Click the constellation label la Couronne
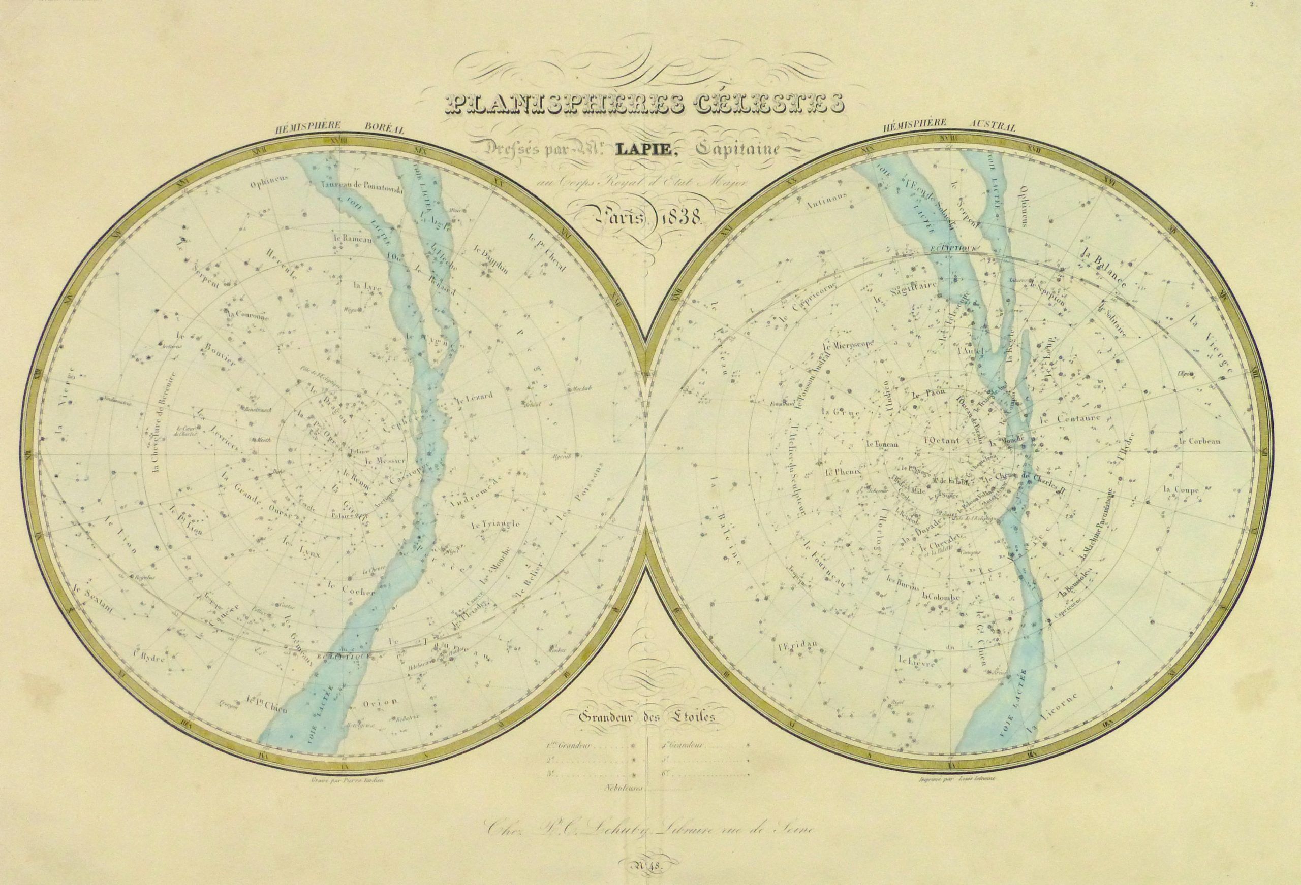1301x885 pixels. click(x=248, y=314)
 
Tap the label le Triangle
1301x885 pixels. click(x=495, y=524)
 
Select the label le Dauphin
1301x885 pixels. click(x=490, y=259)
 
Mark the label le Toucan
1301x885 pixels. click(x=881, y=445)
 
